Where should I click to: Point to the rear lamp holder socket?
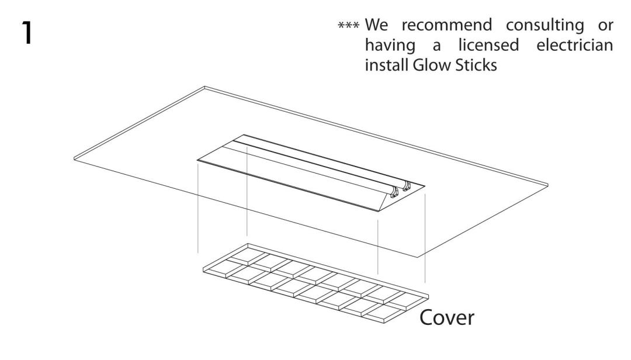[407, 186]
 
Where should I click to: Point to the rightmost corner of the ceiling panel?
[549, 184]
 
